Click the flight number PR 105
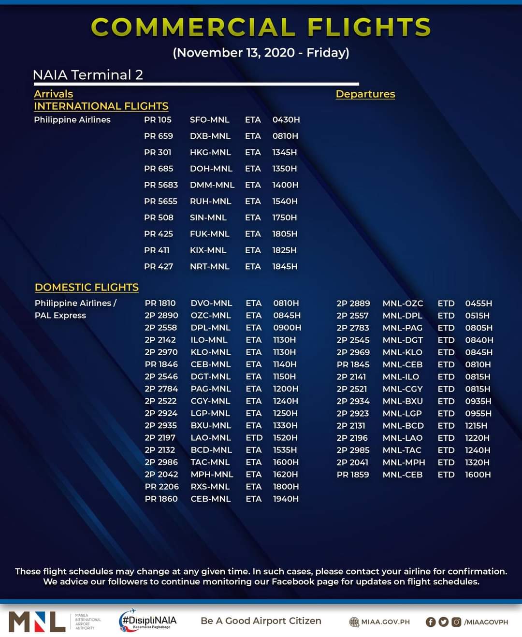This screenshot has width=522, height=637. click(158, 120)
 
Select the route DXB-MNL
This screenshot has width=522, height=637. click(210, 136)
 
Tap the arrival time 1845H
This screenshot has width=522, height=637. click(284, 267)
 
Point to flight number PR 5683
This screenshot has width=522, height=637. click(160, 185)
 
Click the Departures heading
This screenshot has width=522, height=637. click(365, 94)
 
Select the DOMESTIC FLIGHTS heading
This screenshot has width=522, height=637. click(87, 288)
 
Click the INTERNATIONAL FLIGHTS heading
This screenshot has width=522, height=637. click(101, 106)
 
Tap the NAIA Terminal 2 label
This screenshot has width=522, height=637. click(87, 75)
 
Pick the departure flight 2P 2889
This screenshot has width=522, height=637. click(353, 304)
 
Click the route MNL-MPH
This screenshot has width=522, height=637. click(404, 463)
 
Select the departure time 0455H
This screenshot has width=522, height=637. click(478, 304)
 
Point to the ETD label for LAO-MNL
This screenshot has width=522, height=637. click(254, 438)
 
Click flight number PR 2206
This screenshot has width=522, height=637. click(161, 487)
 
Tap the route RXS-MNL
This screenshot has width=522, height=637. click(210, 487)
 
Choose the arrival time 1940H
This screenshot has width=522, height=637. click(285, 499)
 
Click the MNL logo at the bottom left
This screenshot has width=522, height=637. click(37, 622)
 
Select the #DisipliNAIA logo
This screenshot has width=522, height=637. click(148, 621)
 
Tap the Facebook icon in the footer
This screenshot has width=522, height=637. click(430, 622)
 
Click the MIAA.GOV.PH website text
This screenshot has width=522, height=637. click(385, 622)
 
